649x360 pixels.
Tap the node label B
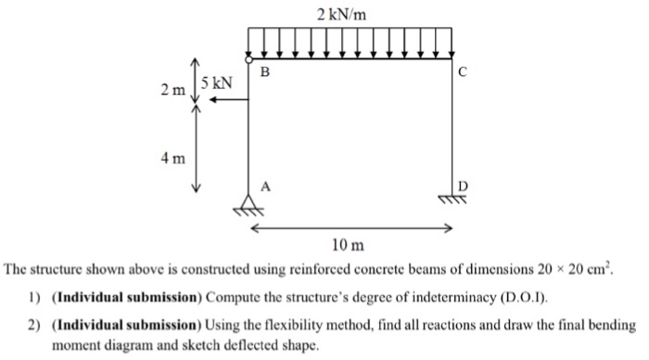pyautogui.click(x=266, y=71)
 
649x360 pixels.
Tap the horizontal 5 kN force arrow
pyautogui.click(x=226, y=100)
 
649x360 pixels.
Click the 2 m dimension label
pyautogui.click(x=172, y=90)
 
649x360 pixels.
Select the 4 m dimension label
pyautogui.click(x=172, y=158)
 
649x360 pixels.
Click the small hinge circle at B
pyautogui.click(x=248, y=58)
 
